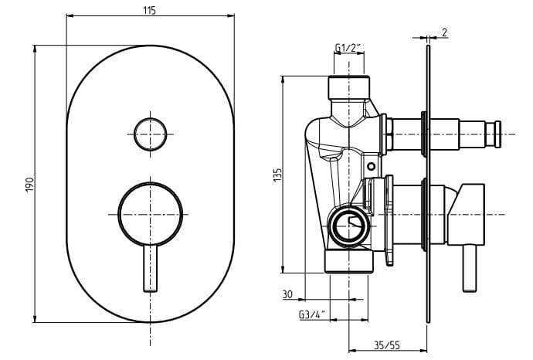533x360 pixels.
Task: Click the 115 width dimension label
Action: pyautogui.click(x=149, y=10)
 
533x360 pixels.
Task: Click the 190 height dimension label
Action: pyautogui.click(x=30, y=184)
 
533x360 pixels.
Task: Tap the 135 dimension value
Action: pyautogui.click(x=278, y=175)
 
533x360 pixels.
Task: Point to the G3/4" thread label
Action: pyautogui.click(x=312, y=314)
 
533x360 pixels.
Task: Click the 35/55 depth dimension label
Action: pyautogui.click(x=387, y=345)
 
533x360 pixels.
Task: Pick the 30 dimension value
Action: pyautogui.click(x=287, y=294)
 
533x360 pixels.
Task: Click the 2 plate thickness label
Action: pyautogui.click(x=444, y=32)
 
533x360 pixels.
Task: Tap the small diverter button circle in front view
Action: pyautogui.click(x=151, y=134)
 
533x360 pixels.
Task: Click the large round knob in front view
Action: pyautogui.click(x=151, y=214)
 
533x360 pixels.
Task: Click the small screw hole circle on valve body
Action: pyautogui.click(x=372, y=167)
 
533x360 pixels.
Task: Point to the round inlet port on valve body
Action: pyautogui.click(x=349, y=227)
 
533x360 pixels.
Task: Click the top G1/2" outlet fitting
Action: pyautogui.click(x=348, y=87)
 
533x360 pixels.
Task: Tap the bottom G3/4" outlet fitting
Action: pyautogui.click(x=348, y=262)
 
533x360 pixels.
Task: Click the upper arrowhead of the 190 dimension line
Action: pyautogui.click(x=35, y=49)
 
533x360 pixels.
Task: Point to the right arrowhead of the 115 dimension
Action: pyautogui.click(x=230, y=15)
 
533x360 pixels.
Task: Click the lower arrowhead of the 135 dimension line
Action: pyautogui.click(x=283, y=269)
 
